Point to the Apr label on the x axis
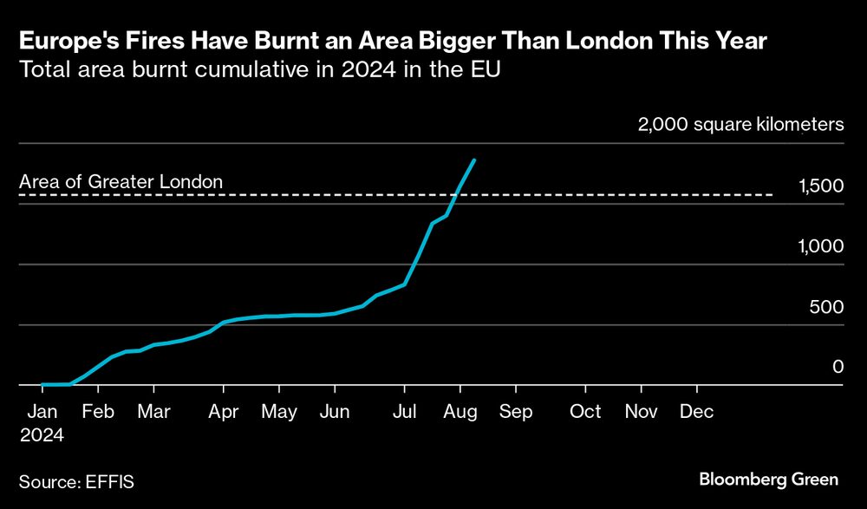pyautogui.click(x=224, y=411)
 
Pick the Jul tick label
pyautogui.click(x=404, y=411)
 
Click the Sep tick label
pyautogui.click(x=515, y=411)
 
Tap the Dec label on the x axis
pyautogui.click(x=697, y=411)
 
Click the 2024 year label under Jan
pyautogui.click(x=42, y=434)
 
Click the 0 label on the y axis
pyautogui.click(x=838, y=367)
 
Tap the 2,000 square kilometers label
pyautogui.click(x=740, y=125)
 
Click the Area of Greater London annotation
pyautogui.click(x=121, y=182)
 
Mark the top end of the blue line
pyautogui.click(x=473, y=160)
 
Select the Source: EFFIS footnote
pyautogui.click(x=76, y=479)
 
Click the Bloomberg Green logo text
pyautogui.click(x=768, y=479)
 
